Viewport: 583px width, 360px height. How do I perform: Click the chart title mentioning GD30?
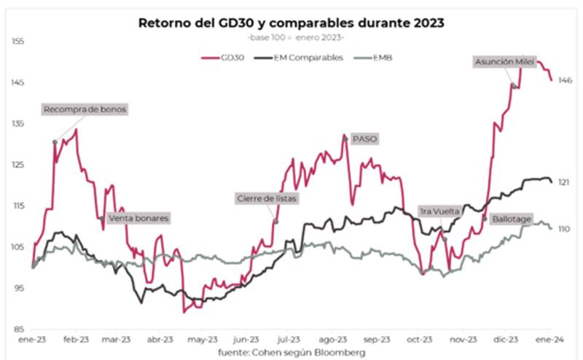click(x=291, y=23)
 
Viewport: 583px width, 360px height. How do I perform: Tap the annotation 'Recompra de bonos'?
click(x=85, y=110)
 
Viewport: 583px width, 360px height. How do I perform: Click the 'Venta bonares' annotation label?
click(x=138, y=218)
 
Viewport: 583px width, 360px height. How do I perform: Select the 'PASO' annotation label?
click(x=364, y=138)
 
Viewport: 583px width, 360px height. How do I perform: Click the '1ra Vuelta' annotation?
click(x=439, y=211)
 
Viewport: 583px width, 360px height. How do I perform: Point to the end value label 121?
click(x=563, y=182)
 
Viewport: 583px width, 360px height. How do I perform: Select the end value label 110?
click(x=563, y=229)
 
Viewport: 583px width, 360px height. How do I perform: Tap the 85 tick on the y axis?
click(x=20, y=329)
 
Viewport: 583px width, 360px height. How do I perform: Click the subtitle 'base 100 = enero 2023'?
click(x=291, y=37)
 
